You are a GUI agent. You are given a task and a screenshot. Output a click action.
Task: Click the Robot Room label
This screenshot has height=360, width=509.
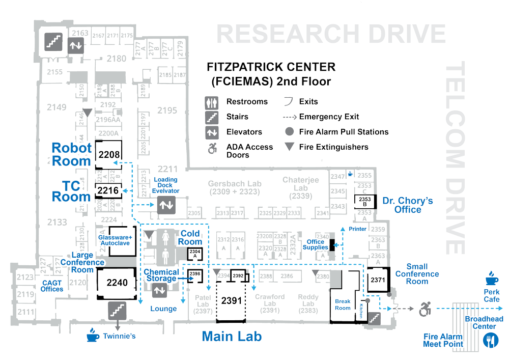click(x=73, y=154)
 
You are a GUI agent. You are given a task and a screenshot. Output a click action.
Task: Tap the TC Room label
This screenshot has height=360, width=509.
click(x=72, y=190)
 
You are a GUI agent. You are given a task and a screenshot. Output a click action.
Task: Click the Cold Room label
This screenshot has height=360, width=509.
click(x=190, y=237)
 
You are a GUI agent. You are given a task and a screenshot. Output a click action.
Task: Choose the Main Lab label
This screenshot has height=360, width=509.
click(x=232, y=337)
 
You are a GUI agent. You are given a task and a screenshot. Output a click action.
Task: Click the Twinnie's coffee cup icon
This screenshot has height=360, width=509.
click(x=92, y=336)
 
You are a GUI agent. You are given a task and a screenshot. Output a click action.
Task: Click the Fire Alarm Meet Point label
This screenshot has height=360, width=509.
click(x=443, y=340)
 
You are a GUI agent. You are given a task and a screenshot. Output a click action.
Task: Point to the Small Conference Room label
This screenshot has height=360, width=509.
click(x=423, y=274)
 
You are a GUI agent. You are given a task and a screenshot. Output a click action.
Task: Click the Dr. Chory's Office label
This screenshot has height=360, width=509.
click(x=408, y=205)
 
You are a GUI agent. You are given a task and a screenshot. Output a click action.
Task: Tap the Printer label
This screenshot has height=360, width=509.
click(x=357, y=229)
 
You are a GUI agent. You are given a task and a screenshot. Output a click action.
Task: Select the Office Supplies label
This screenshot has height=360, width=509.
click(x=315, y=244)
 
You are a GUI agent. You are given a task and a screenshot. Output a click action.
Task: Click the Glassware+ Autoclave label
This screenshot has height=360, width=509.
click(x=116, y=240)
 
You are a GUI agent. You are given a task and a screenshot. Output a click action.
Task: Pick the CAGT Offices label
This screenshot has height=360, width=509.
click(x=52, y=286)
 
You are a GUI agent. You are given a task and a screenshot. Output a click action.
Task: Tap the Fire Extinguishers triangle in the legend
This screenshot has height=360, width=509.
click(x=290, y=147)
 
